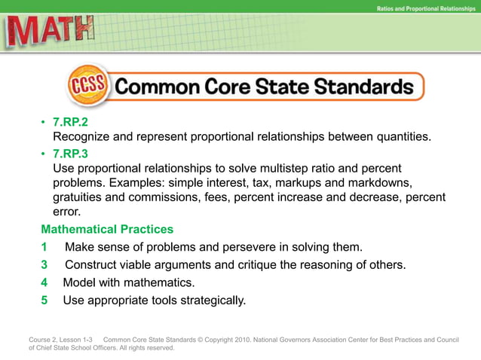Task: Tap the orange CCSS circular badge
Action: point(90,86)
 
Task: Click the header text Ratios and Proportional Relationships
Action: point(425,8)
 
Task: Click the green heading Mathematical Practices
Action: point(107,229)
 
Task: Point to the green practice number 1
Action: point(44,247)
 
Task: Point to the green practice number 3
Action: point(44,265)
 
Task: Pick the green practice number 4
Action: point(44,283)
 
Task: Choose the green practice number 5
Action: point(44,301)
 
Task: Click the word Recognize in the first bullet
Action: point(84,136)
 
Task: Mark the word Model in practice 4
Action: point(79,283)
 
